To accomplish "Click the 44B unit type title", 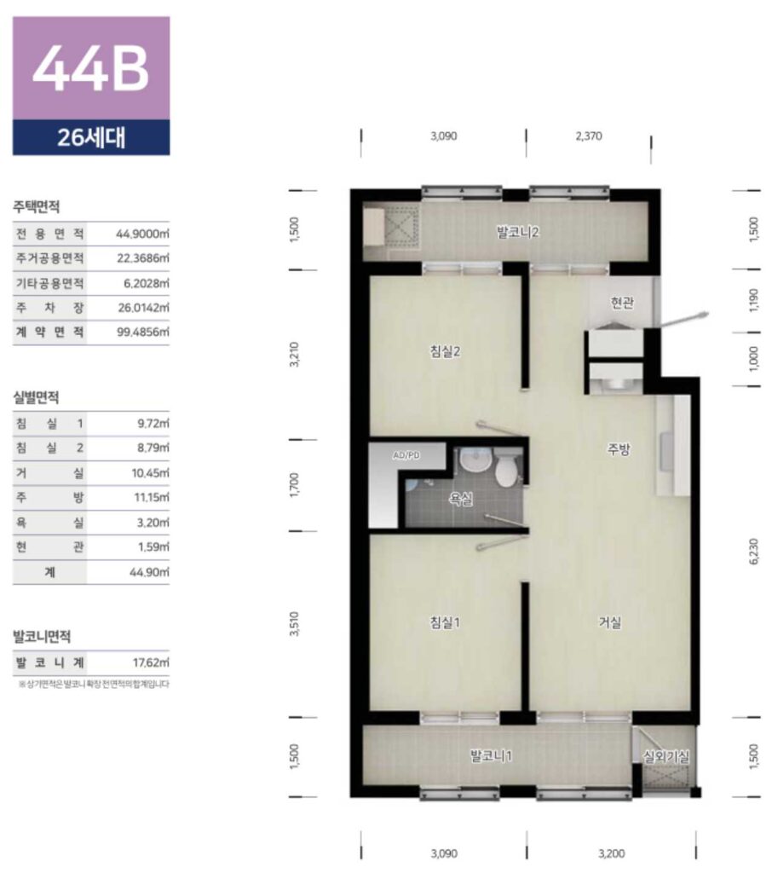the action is point(90,68).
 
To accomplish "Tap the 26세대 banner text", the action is point(91,137).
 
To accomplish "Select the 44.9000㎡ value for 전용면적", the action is point(142,234).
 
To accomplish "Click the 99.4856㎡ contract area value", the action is point(142,332).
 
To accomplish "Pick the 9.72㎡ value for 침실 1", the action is point(153,424).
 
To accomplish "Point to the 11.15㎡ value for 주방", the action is point(152,497).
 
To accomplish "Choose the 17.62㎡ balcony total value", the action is point(151,662).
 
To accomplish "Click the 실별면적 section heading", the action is point(36,397).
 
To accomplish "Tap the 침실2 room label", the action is point(446,351).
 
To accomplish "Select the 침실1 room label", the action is point(446,622).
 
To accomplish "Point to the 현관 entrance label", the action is point(622,303).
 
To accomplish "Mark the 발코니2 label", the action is point(517,232).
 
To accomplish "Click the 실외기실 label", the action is point(666,757).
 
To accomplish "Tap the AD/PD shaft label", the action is point(406,455).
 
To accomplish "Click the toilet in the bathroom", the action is point(507,470).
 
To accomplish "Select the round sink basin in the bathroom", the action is point(475,461).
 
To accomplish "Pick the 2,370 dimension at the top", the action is point(589,136).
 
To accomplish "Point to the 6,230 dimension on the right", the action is point(754,552).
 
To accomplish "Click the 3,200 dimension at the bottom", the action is point(612,853).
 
